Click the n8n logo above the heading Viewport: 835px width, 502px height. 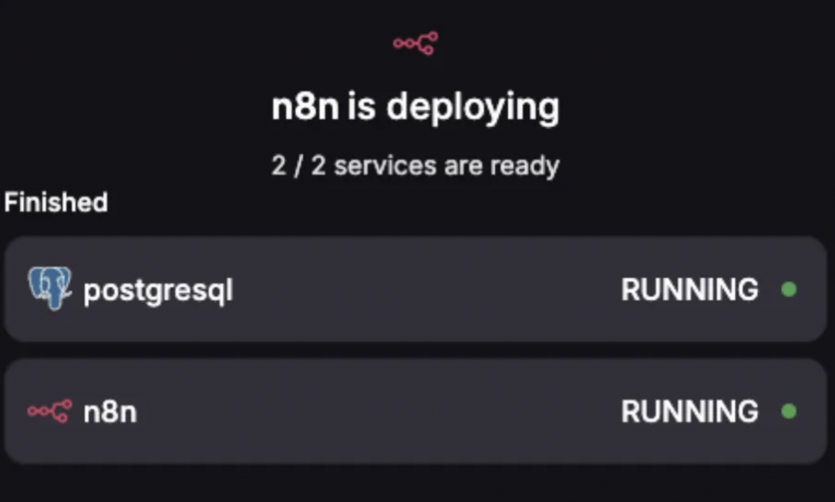[415, 42]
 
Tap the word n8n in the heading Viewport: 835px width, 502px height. [304, 108]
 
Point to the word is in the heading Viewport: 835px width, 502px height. [361, 108]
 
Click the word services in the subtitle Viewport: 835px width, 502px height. [385, 166]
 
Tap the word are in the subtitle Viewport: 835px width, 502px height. [462, 166]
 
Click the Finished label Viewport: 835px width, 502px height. [55, 202]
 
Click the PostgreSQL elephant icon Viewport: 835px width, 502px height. [50, 288]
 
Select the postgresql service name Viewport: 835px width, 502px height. [158, 291]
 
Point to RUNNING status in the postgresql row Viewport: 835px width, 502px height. [690, 289]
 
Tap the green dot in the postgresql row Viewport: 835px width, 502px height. [789, 289]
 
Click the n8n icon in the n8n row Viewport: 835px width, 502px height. [50, 412]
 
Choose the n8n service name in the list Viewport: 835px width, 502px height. [110, 412]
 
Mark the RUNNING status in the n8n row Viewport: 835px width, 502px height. [690, 412]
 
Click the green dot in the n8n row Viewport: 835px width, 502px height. [789, 412]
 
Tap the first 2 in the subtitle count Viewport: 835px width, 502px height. [279, 166]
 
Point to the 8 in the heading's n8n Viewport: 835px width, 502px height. [304, 108]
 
